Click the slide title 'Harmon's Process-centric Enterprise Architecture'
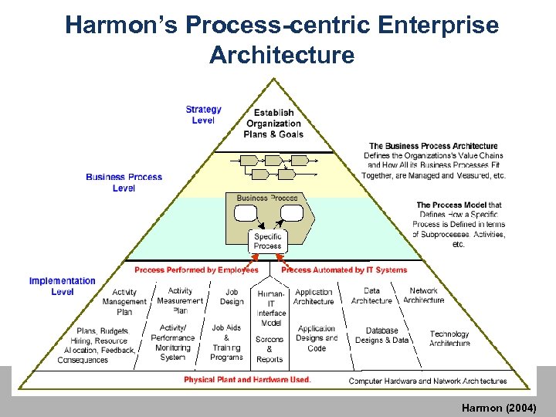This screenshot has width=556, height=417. click(x=282, y=40)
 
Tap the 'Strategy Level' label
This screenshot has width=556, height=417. click(x=203, y=114)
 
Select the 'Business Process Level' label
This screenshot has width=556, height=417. click(x=124, y=182)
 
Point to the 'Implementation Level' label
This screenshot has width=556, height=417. click(x=63, y=286)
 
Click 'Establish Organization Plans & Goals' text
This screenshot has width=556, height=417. click(x=273, y=123)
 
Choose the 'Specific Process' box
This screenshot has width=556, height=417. click(x=268, y=241)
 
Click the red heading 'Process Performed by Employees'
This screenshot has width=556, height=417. click(x=196, y=270)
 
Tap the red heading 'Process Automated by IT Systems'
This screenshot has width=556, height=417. click(x=344, y=270)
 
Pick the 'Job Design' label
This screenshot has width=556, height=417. click(x=232, y=297)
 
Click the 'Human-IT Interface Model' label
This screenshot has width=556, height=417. click(x=271, y=308)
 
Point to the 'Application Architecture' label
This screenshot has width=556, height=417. click(x=314, y=297)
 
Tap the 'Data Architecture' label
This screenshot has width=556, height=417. click(x=371, y=296)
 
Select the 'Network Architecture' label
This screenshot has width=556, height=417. click(x=424, y=296)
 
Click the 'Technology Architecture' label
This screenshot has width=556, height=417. click(x=449, y=339)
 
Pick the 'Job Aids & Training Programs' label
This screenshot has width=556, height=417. click(x=226, y=342)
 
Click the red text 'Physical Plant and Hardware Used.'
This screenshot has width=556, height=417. click(x=248, y=380)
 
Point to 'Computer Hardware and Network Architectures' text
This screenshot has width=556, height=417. click(x=428, y=381)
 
